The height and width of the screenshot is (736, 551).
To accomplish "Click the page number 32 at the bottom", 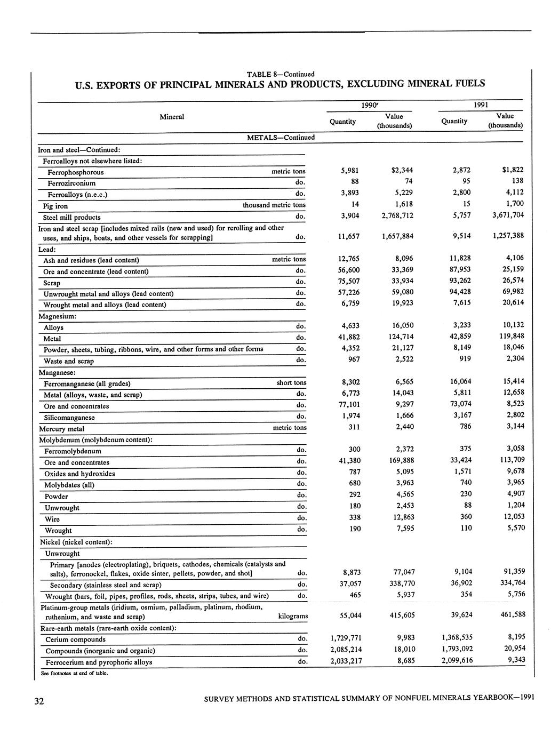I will coord(39,701).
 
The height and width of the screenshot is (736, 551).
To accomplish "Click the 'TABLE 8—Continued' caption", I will coord(281,74).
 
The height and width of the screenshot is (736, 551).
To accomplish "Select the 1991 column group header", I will coord(480,105).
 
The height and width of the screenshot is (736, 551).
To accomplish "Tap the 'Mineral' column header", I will coord(172,117).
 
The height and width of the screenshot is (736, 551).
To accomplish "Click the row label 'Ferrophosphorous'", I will coord(76,172).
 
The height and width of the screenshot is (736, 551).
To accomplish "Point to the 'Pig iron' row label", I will coord(55,206).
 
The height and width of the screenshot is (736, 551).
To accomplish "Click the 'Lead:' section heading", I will coord(47,249).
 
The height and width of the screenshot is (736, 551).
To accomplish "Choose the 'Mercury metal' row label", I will coord(62,429).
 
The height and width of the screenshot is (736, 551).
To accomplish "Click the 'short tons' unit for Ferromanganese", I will coord(291,383).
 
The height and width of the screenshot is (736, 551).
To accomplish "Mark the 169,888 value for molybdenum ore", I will coord(401,460).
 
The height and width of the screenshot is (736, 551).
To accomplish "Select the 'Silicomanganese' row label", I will coord(69,418).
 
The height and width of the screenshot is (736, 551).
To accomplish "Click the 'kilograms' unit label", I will coord(293,616).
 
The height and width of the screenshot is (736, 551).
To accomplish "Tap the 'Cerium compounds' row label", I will coord(75,639).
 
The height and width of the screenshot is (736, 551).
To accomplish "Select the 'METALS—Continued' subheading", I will coord(281,138).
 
